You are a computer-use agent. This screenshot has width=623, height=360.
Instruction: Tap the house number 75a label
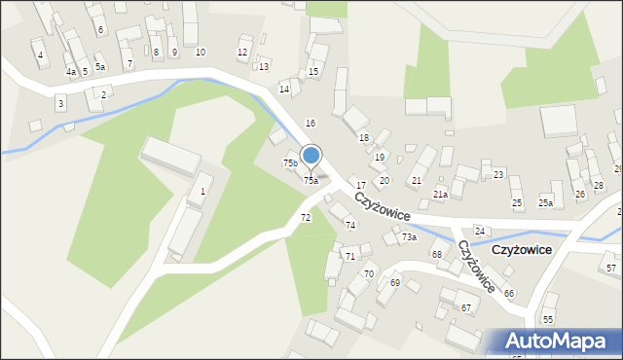coord(311,181)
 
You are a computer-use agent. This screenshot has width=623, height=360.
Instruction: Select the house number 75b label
coord(290,162)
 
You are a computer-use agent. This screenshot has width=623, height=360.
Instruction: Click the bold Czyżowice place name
coord(522,250)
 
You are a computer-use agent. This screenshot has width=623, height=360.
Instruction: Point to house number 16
coord(311,123)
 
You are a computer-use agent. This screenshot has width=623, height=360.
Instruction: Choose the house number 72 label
coord(306,217)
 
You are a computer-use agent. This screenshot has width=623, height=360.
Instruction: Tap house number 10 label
coord(201,52)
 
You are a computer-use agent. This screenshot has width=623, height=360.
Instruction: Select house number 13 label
coord(264,66)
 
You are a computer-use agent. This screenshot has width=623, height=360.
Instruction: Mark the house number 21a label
coord(440,195)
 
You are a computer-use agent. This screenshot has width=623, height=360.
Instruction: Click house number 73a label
coord(409,237)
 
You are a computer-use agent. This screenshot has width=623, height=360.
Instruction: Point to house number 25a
coord(545,202)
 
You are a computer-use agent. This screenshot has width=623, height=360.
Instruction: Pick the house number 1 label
coord(202,191)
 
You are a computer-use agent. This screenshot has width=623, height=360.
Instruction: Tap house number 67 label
coord(466,307)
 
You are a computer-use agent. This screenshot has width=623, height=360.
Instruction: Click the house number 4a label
coord(70,72)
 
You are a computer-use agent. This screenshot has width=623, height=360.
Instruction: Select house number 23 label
coord(498,174)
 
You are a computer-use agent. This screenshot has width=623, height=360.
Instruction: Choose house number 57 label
coord(610,268)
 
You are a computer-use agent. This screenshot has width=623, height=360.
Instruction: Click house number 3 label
coord(60,102)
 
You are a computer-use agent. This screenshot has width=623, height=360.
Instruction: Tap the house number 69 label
coord(395,282)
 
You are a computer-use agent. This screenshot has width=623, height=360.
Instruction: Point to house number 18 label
coord(364,138)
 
